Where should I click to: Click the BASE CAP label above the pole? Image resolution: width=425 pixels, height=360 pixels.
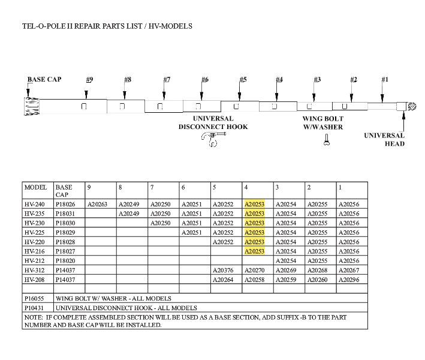[44, 79]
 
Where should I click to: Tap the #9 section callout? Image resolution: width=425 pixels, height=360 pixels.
[89, 80]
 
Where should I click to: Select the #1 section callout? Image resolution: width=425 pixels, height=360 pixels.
[385, 80]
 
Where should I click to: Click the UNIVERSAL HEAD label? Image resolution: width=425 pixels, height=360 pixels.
[384, 139]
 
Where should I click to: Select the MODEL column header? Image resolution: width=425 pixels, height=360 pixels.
[35, 187]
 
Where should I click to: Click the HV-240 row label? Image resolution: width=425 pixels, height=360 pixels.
[35, 204]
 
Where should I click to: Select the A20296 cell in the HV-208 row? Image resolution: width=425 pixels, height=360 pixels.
[349, 280]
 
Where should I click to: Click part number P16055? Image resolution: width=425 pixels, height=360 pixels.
[35, 298]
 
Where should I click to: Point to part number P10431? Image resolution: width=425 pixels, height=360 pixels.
[35, 308]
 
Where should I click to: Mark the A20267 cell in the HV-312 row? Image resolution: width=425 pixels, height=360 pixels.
[349, 271]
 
